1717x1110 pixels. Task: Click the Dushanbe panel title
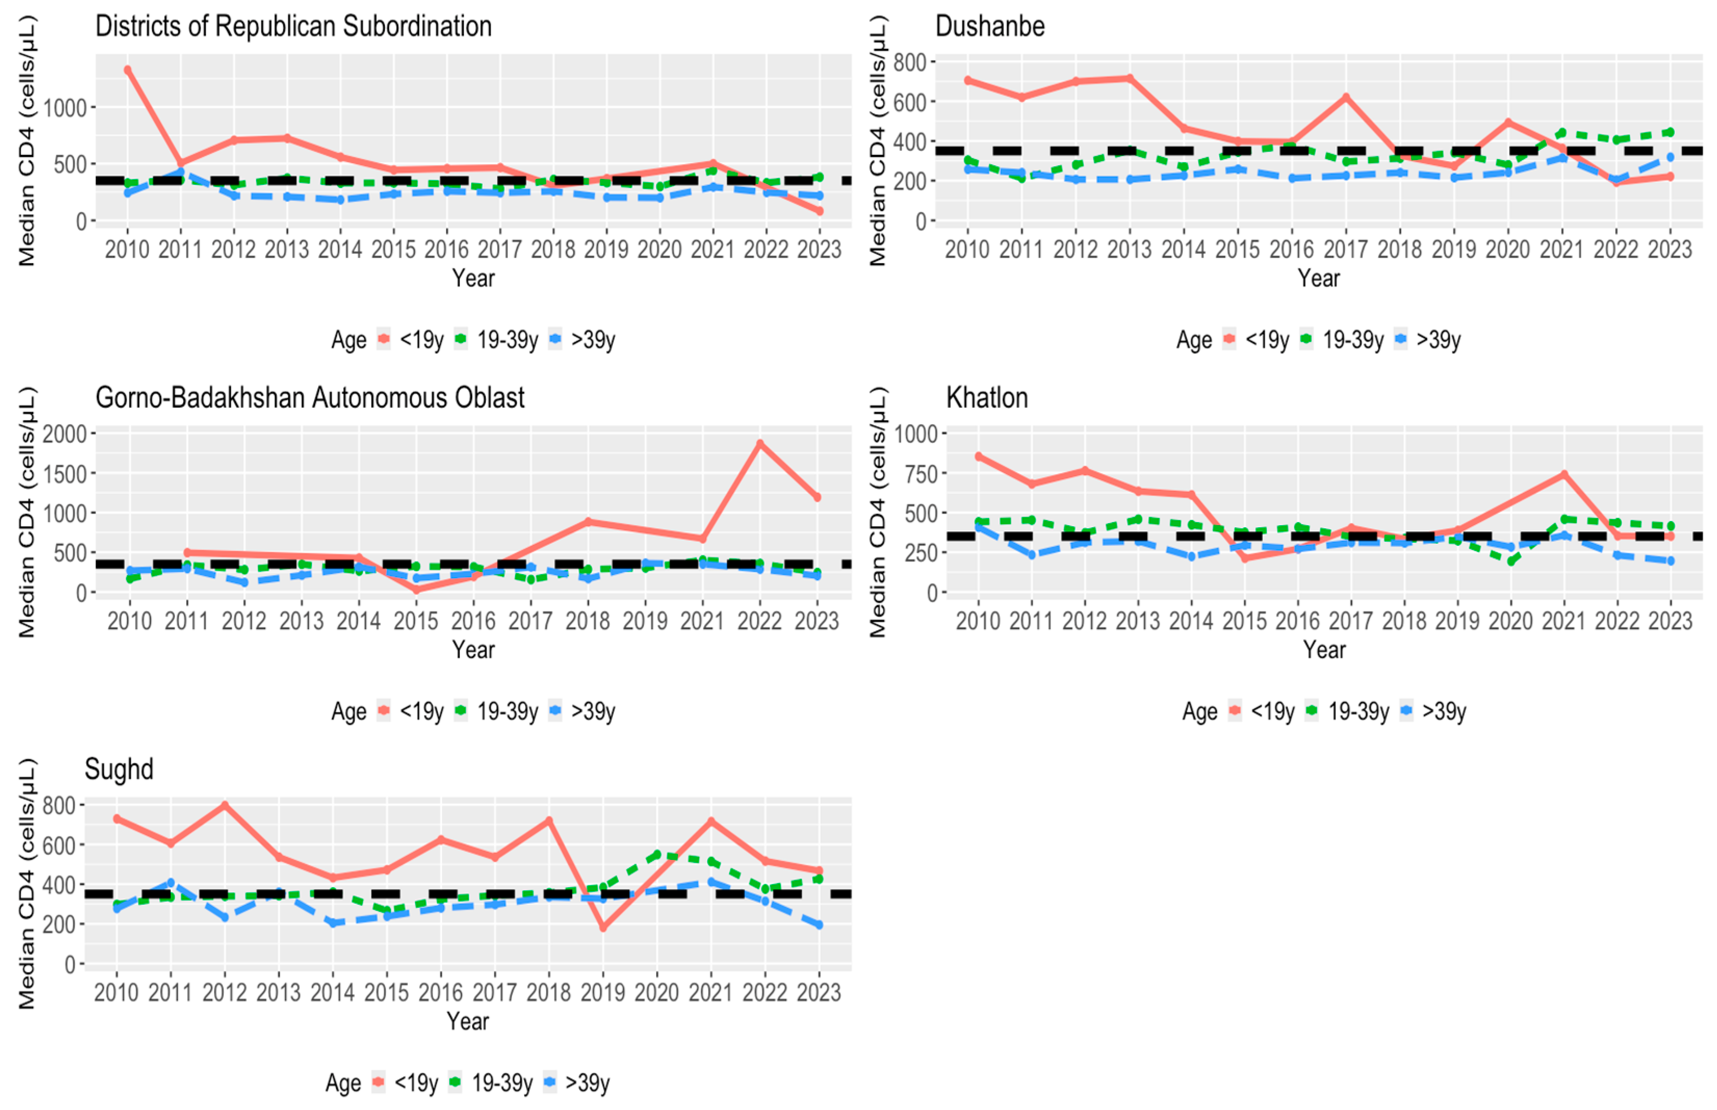(990, 27)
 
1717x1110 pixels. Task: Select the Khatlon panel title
(987, 398)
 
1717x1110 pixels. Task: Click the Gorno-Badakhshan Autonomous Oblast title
(310, 398)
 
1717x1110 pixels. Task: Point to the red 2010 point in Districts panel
(127, 70)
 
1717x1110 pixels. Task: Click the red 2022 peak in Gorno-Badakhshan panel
(760, 444)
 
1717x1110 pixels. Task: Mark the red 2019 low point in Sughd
(603, 928)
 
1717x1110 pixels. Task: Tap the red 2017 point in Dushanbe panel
(1346, 97)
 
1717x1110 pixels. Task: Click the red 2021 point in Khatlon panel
(1564, 474)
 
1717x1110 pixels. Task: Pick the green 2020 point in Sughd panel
(657, 855)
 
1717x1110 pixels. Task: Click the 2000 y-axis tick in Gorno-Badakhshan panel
(65, 434)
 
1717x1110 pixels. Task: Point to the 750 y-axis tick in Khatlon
(916, 474)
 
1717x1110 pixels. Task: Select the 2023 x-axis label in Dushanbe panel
(1670, 250)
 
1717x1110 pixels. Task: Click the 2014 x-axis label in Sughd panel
(332, 993)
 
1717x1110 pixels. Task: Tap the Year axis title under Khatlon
(1324, 649)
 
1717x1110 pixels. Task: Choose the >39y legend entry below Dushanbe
(1429, 339)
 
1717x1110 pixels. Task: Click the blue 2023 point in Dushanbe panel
(1670, 157)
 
